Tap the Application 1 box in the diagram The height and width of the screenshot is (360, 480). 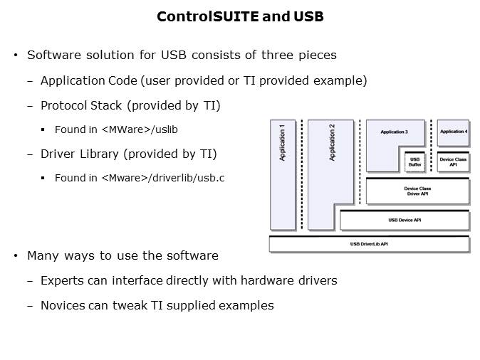pos(283,174)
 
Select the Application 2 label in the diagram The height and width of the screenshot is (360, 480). pos(332,142)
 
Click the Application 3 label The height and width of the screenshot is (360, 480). pos(394,132)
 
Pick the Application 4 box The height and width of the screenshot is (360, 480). pos(454,132)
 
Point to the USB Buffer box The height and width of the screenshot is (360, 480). pos(415,162)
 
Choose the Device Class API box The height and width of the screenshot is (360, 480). pos(453,162)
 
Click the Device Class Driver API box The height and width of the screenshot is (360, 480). pos(417,191)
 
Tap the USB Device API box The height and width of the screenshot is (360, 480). pos(404,221)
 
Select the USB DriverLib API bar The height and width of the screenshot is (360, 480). pos(369,245)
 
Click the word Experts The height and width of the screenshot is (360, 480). pos(62,280)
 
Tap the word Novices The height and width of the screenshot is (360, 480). pos(63,305)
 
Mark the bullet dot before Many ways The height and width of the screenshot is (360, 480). pos(16,255)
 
